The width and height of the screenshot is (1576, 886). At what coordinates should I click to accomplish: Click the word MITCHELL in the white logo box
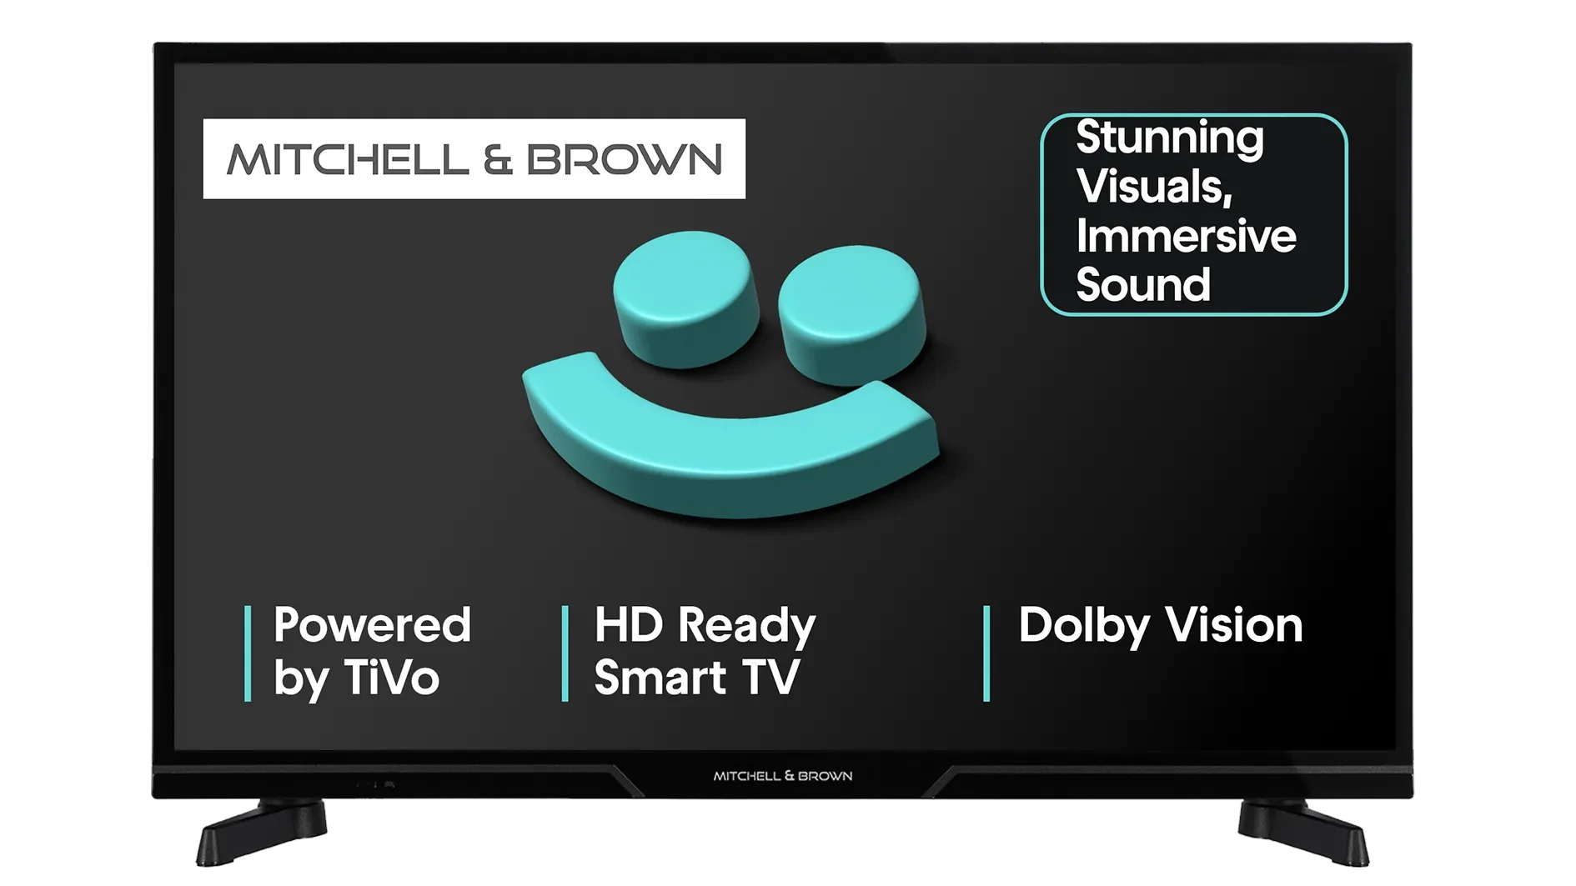point(348,159)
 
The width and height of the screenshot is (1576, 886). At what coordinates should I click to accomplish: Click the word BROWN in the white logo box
point(625,159)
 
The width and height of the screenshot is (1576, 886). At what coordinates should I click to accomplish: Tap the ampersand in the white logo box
point(498,159)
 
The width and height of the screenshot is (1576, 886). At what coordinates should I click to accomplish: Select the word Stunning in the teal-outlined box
point(1170,138)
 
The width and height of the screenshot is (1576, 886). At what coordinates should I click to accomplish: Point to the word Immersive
point(1186,236)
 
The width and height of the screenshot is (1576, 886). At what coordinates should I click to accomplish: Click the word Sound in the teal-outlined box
point(1143,285)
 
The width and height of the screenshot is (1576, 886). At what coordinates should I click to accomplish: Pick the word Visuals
point(1154,187)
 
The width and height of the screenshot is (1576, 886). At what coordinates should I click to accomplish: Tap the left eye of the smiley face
point(686,298)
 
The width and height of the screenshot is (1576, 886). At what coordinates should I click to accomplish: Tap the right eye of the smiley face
point(852,314)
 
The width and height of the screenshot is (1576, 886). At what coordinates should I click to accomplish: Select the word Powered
point(372,625)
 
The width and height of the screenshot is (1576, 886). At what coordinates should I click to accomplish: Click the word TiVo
point(391,678)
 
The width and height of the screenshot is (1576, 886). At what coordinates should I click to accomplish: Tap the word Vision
point(1233,625)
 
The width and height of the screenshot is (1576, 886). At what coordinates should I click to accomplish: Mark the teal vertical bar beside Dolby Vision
point(986,653)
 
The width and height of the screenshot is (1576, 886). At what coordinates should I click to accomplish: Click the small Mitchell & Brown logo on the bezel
point(783,776)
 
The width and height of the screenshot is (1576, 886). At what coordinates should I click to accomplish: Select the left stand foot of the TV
point(261,832)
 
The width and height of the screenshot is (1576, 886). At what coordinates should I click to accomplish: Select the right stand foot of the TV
point(1303,832)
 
